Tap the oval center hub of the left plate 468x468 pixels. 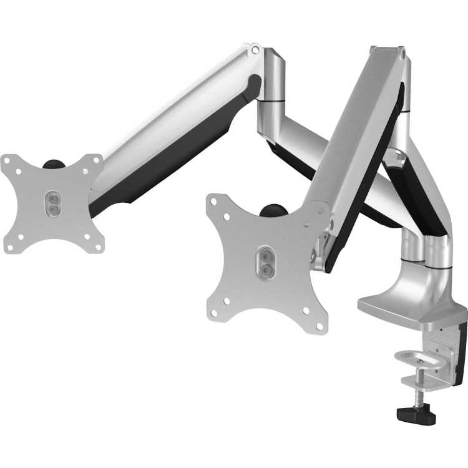tap(52, 204)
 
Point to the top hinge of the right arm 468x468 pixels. tap(386, 50)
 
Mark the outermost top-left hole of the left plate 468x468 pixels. tap(7, 160)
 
